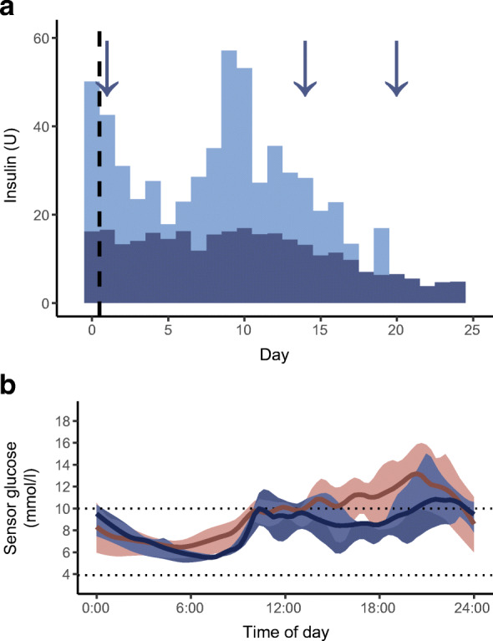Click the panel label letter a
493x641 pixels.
point(11,13)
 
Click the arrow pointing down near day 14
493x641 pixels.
point(305,67)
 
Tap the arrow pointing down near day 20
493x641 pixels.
point(396,67)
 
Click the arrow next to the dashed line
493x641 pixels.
point(107,67)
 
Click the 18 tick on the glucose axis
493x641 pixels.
point(67,423)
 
